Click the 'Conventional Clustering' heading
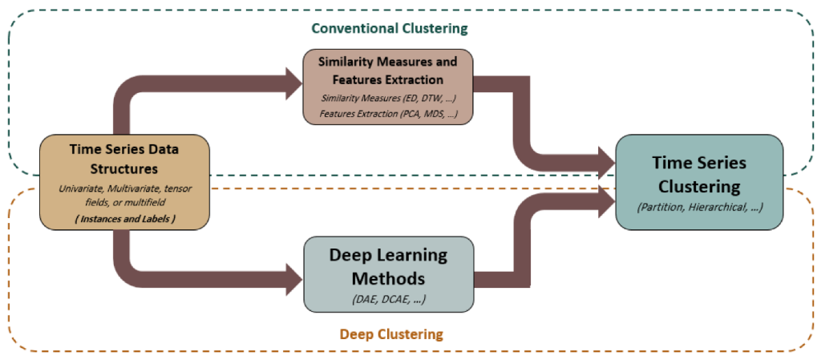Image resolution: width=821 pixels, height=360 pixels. (389, 28)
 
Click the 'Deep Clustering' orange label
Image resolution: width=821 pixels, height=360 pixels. (391, 334)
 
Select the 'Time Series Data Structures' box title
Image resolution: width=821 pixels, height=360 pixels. (124, 159)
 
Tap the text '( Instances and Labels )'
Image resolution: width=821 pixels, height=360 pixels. (124, 219)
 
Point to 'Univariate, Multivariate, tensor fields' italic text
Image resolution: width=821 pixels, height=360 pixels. (124, 195)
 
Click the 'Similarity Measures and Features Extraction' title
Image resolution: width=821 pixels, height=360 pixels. (387, 71)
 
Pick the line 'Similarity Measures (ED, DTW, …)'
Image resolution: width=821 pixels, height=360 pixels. (388, 99)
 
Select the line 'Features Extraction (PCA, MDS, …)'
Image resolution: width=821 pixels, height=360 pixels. (389, 114)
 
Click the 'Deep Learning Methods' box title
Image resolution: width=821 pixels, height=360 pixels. (388, 266)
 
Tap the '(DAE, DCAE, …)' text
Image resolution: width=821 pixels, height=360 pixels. (389, 299)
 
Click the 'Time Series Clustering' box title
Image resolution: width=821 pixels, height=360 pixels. (699, 175)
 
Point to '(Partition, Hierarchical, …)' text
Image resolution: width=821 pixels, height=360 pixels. (699, 207)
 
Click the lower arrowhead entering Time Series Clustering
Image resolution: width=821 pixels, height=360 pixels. (608, 200)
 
